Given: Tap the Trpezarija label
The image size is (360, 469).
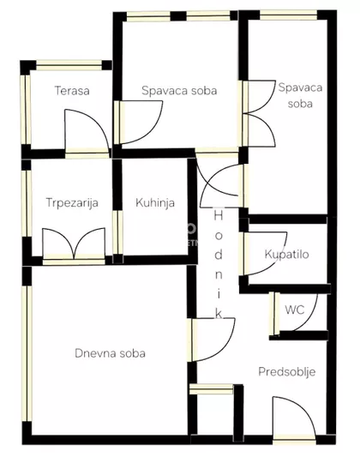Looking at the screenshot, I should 72,203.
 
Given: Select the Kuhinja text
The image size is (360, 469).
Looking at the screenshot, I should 155,203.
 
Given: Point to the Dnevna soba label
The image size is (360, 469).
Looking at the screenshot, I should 109,352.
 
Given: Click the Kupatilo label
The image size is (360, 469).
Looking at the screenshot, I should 286,255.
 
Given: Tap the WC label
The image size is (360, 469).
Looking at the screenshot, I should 294,310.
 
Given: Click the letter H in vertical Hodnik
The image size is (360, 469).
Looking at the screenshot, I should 219,217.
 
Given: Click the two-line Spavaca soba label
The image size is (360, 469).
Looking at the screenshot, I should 294,94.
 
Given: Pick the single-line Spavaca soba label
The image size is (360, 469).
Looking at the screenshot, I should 178,90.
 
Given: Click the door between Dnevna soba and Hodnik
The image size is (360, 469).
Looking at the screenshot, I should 207,340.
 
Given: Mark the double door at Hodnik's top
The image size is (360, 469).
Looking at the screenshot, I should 219,182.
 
